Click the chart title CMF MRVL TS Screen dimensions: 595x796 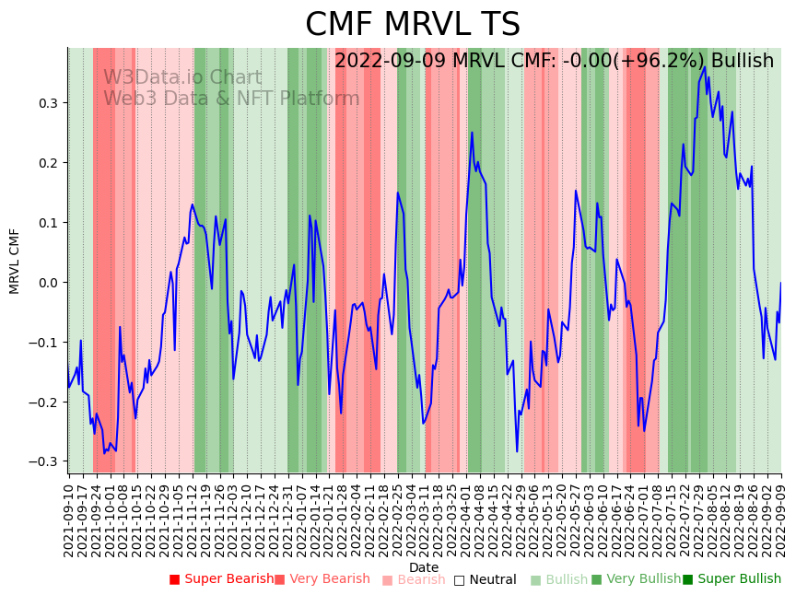pos(413,25)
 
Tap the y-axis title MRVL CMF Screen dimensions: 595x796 pos(15,261)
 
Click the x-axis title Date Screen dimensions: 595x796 pos(424,567)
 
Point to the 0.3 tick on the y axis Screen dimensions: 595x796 pos(48,103)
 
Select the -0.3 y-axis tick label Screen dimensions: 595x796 pos(45,461)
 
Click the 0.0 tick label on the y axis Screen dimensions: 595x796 pos(48,283)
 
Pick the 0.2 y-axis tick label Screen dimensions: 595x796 pos(48,163)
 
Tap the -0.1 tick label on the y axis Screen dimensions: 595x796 pos(45,343)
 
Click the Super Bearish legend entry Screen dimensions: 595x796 pos(221,579)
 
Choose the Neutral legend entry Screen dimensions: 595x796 pos(485,580)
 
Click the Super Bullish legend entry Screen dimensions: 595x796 pos(732,579)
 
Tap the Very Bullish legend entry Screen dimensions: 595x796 pos(636,579)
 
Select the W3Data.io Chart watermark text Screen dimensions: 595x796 pos(182,77)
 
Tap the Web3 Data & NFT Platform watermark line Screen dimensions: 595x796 pos(231,99)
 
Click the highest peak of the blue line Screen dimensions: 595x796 pos(705,66)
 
